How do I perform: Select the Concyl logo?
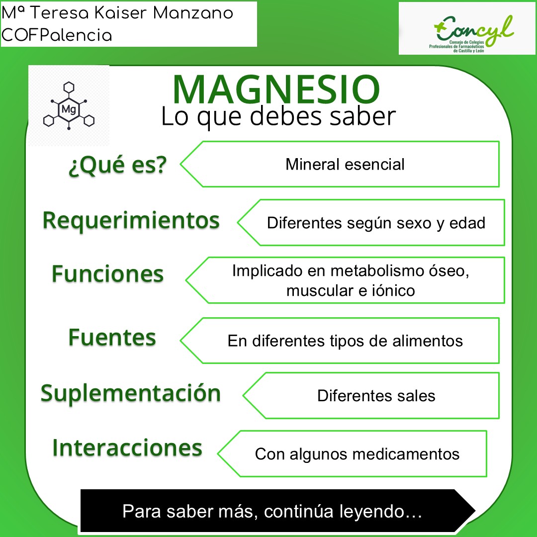(467, 28)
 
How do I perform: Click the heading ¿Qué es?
(117, 165)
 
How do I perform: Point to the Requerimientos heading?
(131, 220)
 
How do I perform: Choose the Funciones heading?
(107, 273)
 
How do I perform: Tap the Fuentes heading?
(112, 338)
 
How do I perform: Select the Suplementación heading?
(130, 393)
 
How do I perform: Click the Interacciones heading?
(127, 447)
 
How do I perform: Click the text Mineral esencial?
(345, 164)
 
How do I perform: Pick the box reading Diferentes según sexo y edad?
(376, 223)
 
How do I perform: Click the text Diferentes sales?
(376, 396)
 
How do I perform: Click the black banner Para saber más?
(272, 512)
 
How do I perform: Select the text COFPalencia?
(57, 35)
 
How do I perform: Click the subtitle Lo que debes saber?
(278, 117)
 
